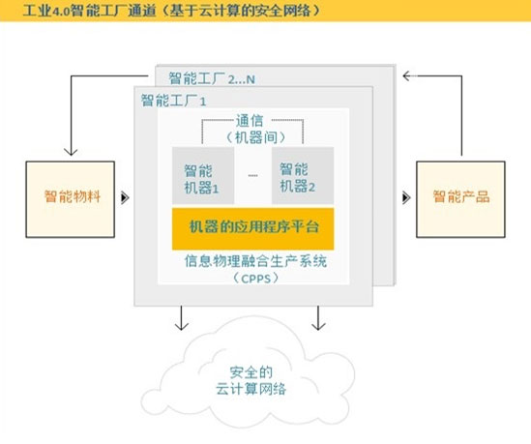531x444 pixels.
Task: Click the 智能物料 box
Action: tap(71, 199)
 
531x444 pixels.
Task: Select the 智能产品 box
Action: tap(461, 199)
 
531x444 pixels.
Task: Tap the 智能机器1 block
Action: tap(203, 175)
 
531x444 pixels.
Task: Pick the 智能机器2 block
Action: tap(303, 175)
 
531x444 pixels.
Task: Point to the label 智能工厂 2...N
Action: tap(212, 79)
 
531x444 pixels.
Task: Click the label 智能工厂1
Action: tap(173, 101)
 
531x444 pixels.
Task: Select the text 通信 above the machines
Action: tap(250, 121)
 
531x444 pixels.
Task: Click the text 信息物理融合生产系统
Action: tap(255, 261)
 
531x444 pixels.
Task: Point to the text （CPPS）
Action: tap(256, 279)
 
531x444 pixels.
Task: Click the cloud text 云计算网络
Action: tap(251, 389)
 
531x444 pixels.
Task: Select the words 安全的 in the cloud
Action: tap(251, 372)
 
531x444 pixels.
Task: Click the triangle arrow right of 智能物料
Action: tap(125, 197)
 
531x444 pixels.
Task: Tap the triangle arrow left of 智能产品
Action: tap(406, 197)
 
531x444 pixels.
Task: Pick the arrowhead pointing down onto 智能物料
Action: tap(71, 152)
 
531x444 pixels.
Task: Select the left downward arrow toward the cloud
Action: tap(182, 318)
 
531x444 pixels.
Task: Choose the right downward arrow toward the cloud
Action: tap(318, 318)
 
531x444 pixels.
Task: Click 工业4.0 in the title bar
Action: tap(46, 11)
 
